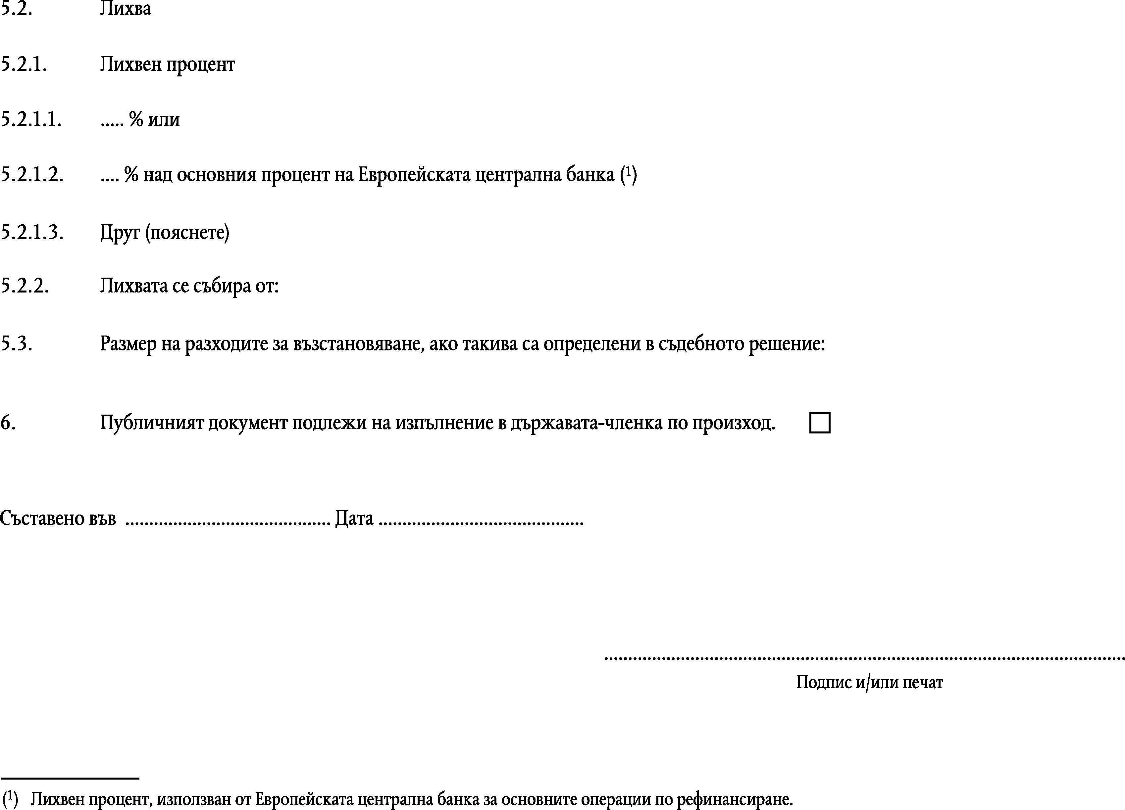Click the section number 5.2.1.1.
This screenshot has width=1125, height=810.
(31, 119)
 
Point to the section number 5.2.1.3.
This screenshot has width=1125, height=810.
(32, 232)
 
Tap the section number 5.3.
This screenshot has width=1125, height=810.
(16, 343)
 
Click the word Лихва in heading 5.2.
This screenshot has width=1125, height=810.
(126, 9)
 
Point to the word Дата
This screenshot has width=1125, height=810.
(354, 518)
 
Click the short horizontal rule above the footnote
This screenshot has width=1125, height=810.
(70, 778)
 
